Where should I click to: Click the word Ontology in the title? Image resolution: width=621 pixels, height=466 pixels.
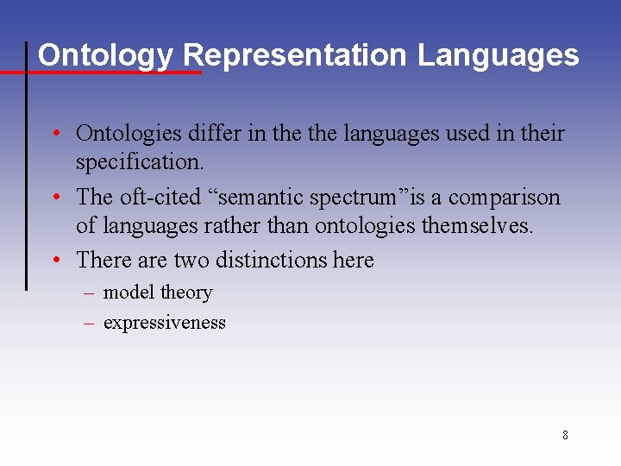[105, 55]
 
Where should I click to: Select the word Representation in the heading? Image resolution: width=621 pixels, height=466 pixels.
[295, 55]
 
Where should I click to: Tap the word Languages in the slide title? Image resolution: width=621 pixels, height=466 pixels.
[499, 55]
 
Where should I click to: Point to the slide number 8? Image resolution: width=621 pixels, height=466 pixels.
[565, 435]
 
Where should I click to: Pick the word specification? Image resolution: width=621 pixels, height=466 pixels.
[140, 162]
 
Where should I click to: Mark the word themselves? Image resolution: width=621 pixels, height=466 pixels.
[480, 226]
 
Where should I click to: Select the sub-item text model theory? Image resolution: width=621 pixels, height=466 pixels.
[157, 293]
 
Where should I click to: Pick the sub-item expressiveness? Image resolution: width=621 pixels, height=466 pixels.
[164, 324]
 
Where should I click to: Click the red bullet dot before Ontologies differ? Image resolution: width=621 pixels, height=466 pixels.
[54, 135]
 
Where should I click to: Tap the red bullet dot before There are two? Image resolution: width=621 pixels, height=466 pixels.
[54, 261]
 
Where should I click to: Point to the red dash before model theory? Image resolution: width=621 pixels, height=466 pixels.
[88, 293]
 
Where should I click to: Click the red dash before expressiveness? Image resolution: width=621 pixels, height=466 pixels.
[88, 324]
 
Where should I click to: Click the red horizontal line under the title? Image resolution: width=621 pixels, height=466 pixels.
[103, 72]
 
